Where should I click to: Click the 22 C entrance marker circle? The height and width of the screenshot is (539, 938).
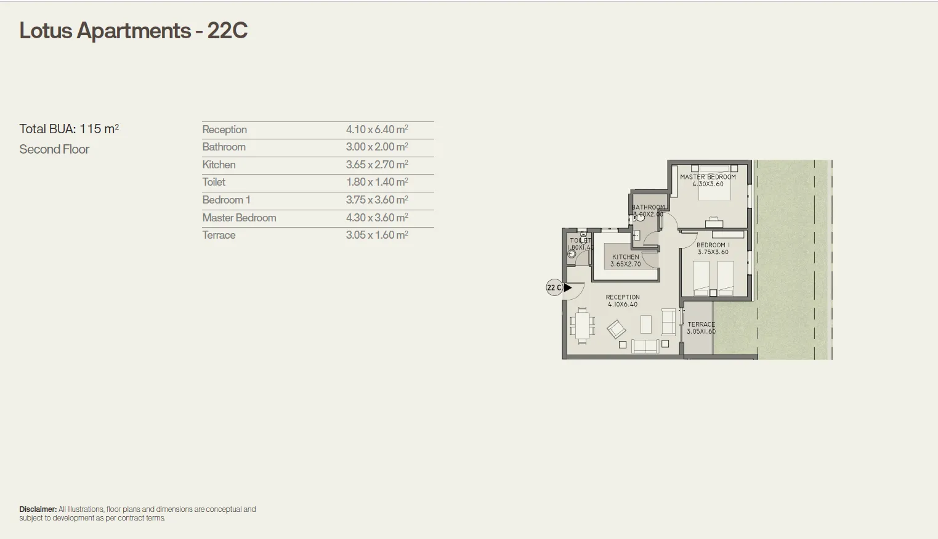[554, 287]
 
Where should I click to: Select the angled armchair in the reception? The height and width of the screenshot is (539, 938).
[616, 329]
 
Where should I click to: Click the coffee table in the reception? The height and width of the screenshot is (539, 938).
[645, 324]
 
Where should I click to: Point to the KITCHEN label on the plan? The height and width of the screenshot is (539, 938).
[625, 257]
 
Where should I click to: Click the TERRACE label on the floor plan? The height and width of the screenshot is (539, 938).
[701, 324]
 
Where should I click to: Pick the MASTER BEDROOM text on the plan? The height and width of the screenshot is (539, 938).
[708, 177]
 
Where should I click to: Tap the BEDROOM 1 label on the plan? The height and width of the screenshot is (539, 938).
[713, 245]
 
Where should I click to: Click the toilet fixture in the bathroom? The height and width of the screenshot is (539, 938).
[637, 235]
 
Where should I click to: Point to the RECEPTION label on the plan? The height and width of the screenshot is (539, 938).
[623, 297]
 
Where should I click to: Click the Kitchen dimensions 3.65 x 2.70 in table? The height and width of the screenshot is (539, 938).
[376, 165]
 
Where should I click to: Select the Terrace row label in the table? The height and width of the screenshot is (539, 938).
[219, 235]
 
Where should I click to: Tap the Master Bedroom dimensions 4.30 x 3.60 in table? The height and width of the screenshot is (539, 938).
[376, 218]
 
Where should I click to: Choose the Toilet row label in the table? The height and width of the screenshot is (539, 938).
[214, 182]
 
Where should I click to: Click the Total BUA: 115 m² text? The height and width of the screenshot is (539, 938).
[69, 129]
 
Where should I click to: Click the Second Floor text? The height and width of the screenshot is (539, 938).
[54, 149]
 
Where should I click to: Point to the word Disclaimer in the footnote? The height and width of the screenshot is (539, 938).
[38, 509]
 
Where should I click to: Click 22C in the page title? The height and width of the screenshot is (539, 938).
[227, 31]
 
